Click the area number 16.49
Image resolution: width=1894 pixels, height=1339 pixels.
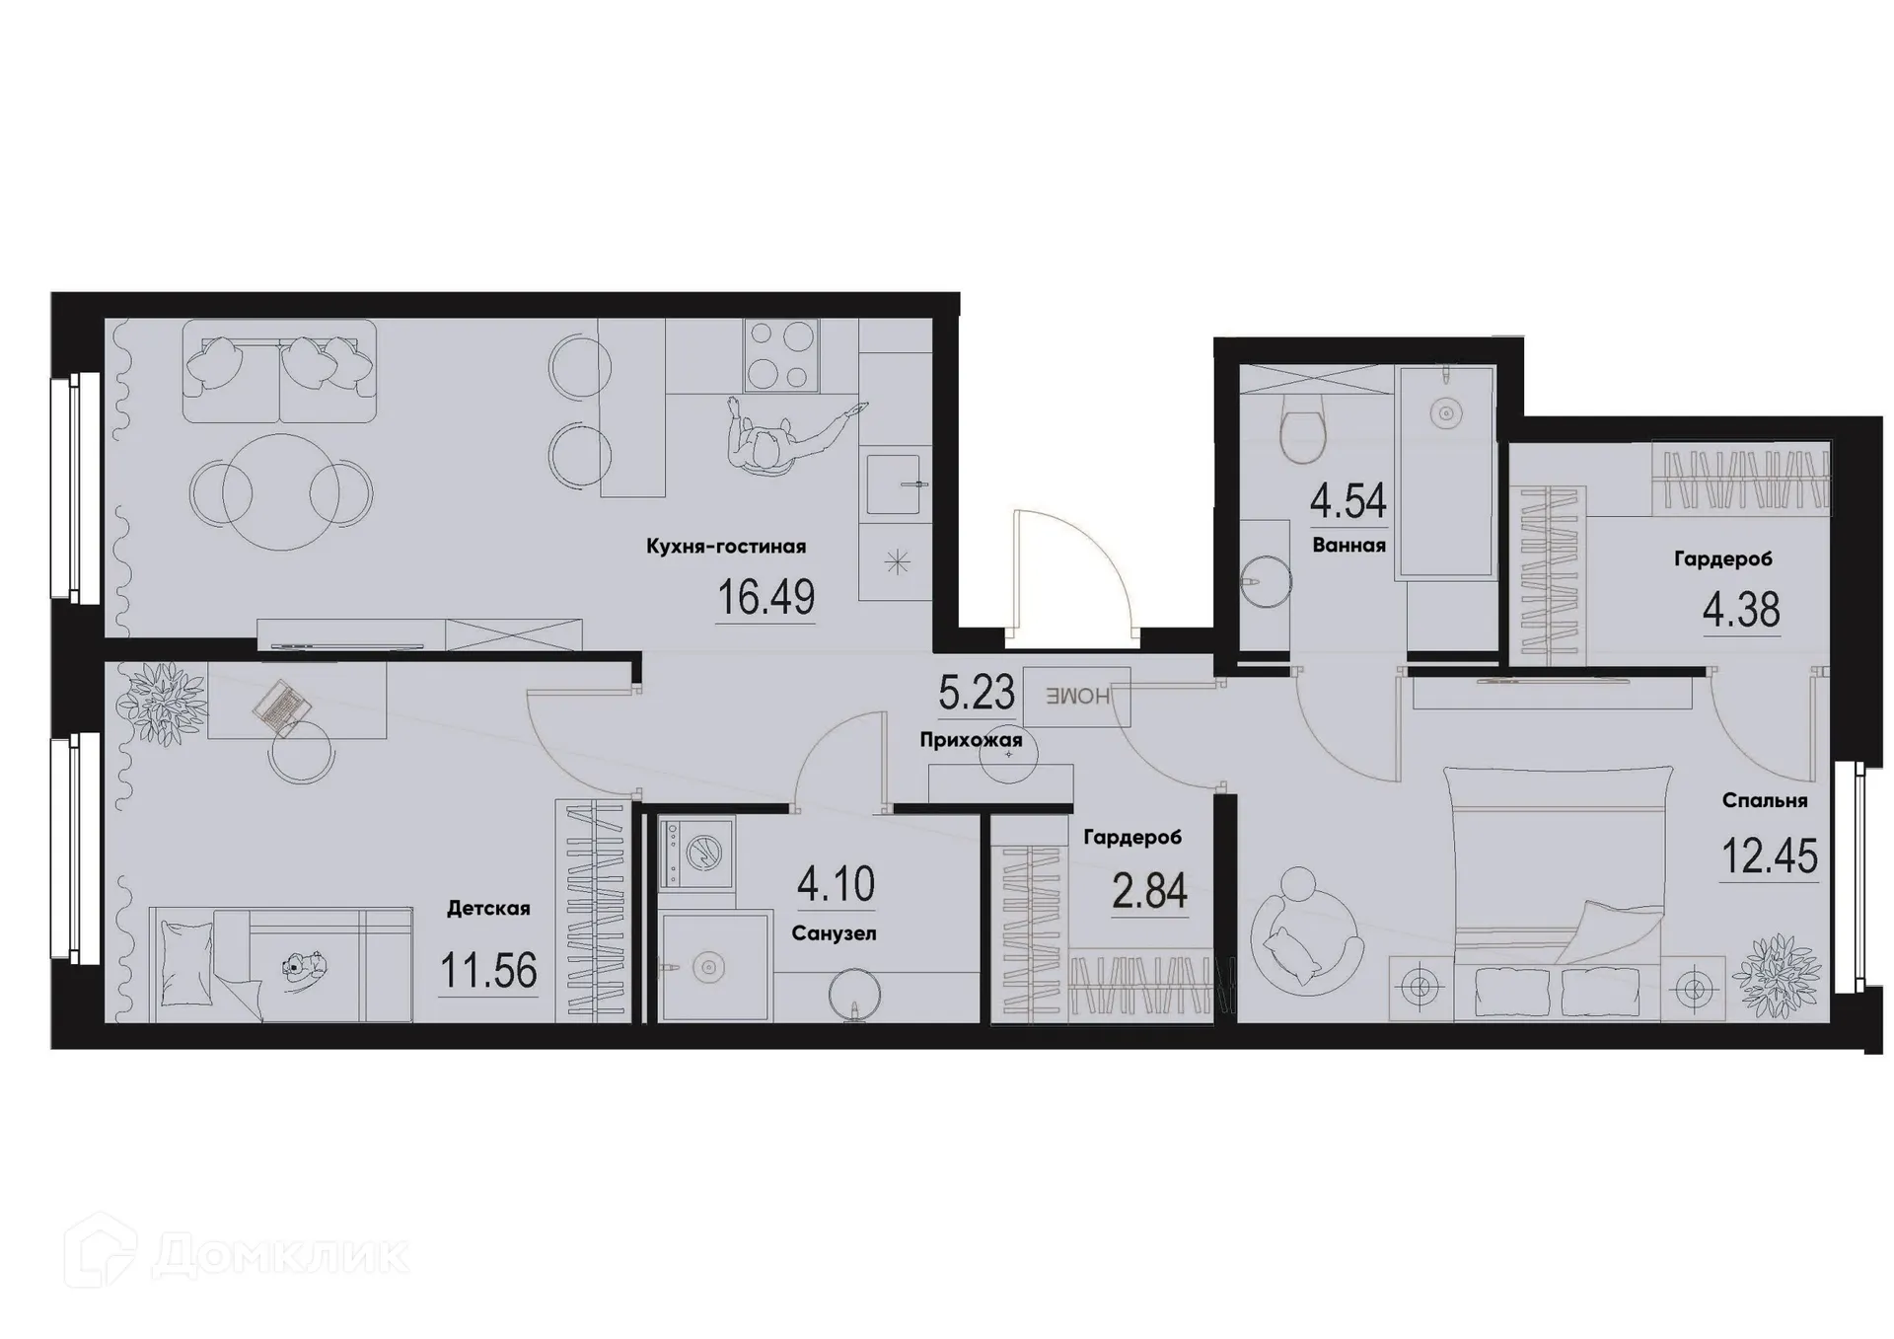pos(765,598)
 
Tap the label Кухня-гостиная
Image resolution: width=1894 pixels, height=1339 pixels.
pos(726,547)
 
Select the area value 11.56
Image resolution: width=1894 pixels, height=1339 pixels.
pos(488,971)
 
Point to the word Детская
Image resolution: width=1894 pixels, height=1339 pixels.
pos(488,909)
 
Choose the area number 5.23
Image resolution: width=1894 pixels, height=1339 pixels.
pos(976,693)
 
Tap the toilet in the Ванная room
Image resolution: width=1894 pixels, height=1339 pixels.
pos(1301,435)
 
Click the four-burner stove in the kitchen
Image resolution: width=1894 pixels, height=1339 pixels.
pos(781,355)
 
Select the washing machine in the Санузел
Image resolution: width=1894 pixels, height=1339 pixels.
pos(697,853)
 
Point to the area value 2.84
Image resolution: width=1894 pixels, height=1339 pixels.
pos(1149,892)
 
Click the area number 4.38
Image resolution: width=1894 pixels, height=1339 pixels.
pos(1741,611)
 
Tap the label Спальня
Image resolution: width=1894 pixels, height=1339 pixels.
pos(1765,801)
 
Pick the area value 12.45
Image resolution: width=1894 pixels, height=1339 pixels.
pos(1769,856)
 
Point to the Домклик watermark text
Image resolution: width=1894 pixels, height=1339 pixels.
pos(281,1255)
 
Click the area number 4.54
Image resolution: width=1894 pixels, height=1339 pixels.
pos(1348,501)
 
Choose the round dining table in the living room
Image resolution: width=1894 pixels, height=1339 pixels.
pos(281,491)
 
